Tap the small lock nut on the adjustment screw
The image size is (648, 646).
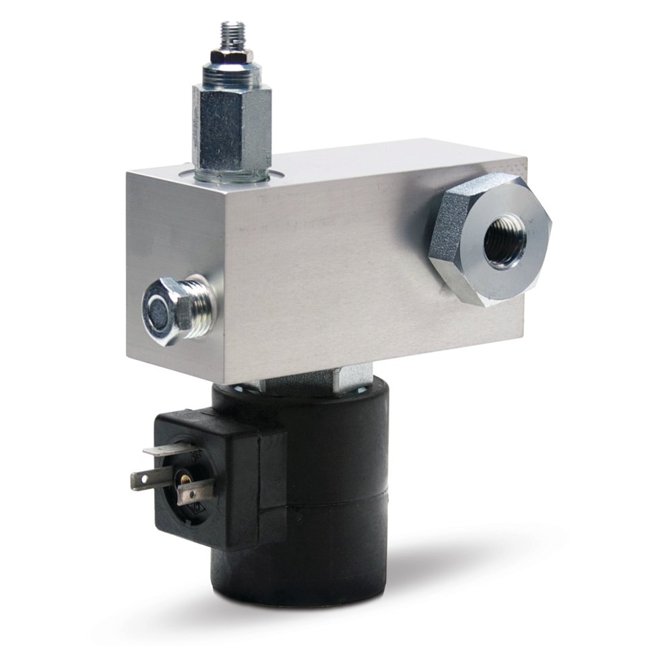[x=232, y=57]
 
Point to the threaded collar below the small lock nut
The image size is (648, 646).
[x=232, y=75]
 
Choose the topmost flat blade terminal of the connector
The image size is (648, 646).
[x=168, y=450]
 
